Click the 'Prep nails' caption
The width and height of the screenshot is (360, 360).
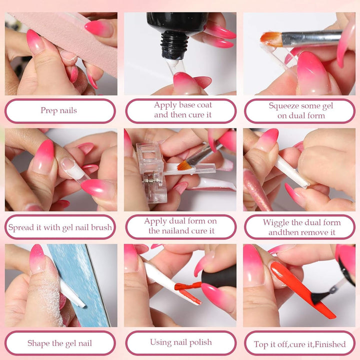click(58, 110)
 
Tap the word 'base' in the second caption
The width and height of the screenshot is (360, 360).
click(184, 105)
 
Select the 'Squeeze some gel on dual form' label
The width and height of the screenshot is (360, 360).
click(300, 110)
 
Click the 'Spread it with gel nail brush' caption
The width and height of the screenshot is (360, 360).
click(60, 227)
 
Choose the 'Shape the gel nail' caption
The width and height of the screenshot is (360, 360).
click(59, 343)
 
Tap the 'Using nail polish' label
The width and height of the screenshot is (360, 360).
click(180, 342)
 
